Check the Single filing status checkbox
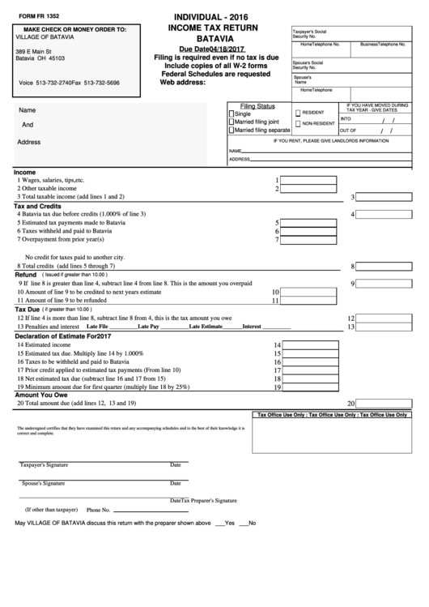point(231,114)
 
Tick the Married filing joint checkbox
point(231,122)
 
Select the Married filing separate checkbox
point(231,130)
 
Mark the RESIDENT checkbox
point(298,113)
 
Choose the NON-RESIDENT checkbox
point(298,124)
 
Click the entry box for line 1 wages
point(308,180)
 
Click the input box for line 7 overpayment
point(308,239)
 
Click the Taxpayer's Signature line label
point(44,465)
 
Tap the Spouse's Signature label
point(42,483)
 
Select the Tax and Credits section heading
point(39,206)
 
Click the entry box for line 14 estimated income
point(308,344)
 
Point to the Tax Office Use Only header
point(333,414)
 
